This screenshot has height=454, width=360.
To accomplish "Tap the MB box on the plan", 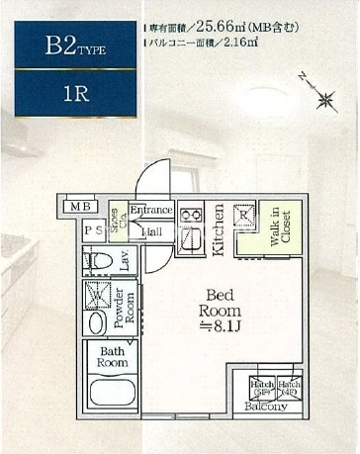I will point(77,207).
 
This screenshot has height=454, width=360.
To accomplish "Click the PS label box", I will point(94,230).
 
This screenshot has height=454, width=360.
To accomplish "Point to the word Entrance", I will point(151,211).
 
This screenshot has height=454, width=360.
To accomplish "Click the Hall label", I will point(151,231).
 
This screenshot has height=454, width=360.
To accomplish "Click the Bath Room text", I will point(111,357).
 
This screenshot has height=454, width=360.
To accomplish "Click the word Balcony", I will point(266,406).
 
